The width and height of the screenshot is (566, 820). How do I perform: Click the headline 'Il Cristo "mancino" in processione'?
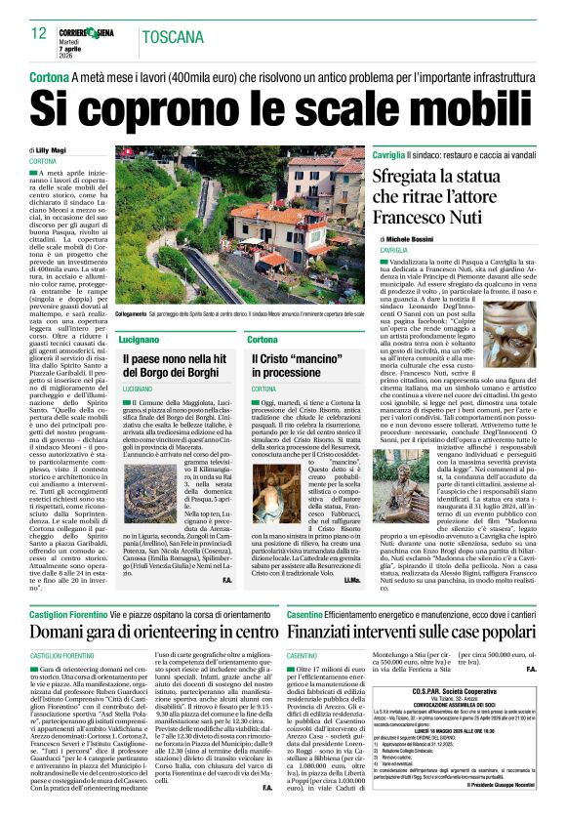click(297, 366)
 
